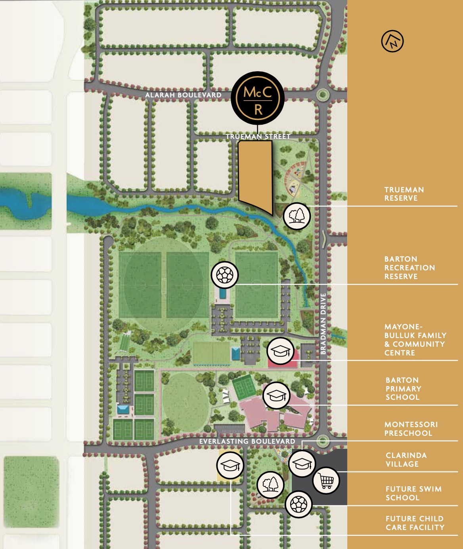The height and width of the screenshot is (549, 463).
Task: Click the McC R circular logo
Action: (258, 98)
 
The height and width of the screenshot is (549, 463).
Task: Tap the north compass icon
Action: (392, 41)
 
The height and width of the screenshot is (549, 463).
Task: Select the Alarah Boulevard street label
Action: (183, 95)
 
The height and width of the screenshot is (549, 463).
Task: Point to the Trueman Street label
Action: (258, 137)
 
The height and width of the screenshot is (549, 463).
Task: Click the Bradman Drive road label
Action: (323, 324)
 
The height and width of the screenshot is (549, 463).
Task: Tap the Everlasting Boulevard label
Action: (247, 441)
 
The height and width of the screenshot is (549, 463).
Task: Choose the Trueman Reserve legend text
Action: (404, 194)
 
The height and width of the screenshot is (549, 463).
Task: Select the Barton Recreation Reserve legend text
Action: (409, 268)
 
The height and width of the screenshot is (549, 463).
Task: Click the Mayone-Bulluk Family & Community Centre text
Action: (415, 340)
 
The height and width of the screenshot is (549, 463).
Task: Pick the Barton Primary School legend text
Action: (403, 389)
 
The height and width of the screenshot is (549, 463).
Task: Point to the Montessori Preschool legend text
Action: (411, 429)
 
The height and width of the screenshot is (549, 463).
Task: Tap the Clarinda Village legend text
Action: (406, 460)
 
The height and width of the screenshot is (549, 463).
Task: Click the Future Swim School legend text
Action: (413, 493)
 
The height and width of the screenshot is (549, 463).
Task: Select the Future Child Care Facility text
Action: (415, 523)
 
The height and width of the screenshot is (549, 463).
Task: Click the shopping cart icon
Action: (326, 481)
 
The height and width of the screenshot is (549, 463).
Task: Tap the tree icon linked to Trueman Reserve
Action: (297, 216)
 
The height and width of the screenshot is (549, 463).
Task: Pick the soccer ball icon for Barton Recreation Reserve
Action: (225, 274)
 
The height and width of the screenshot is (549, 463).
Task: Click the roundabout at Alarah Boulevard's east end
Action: (323, 95)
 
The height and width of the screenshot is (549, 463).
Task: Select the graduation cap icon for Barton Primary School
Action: (276, 395)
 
